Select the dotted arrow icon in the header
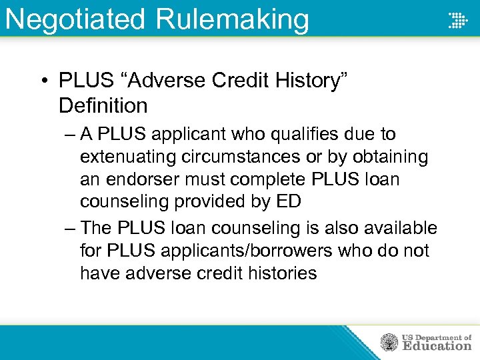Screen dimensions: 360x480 (x=457, y=20)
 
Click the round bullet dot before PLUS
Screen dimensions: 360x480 (x=43, y=81)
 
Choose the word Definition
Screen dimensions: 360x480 (x=103, y=105)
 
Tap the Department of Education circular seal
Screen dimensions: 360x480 (x=389, y=343)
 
